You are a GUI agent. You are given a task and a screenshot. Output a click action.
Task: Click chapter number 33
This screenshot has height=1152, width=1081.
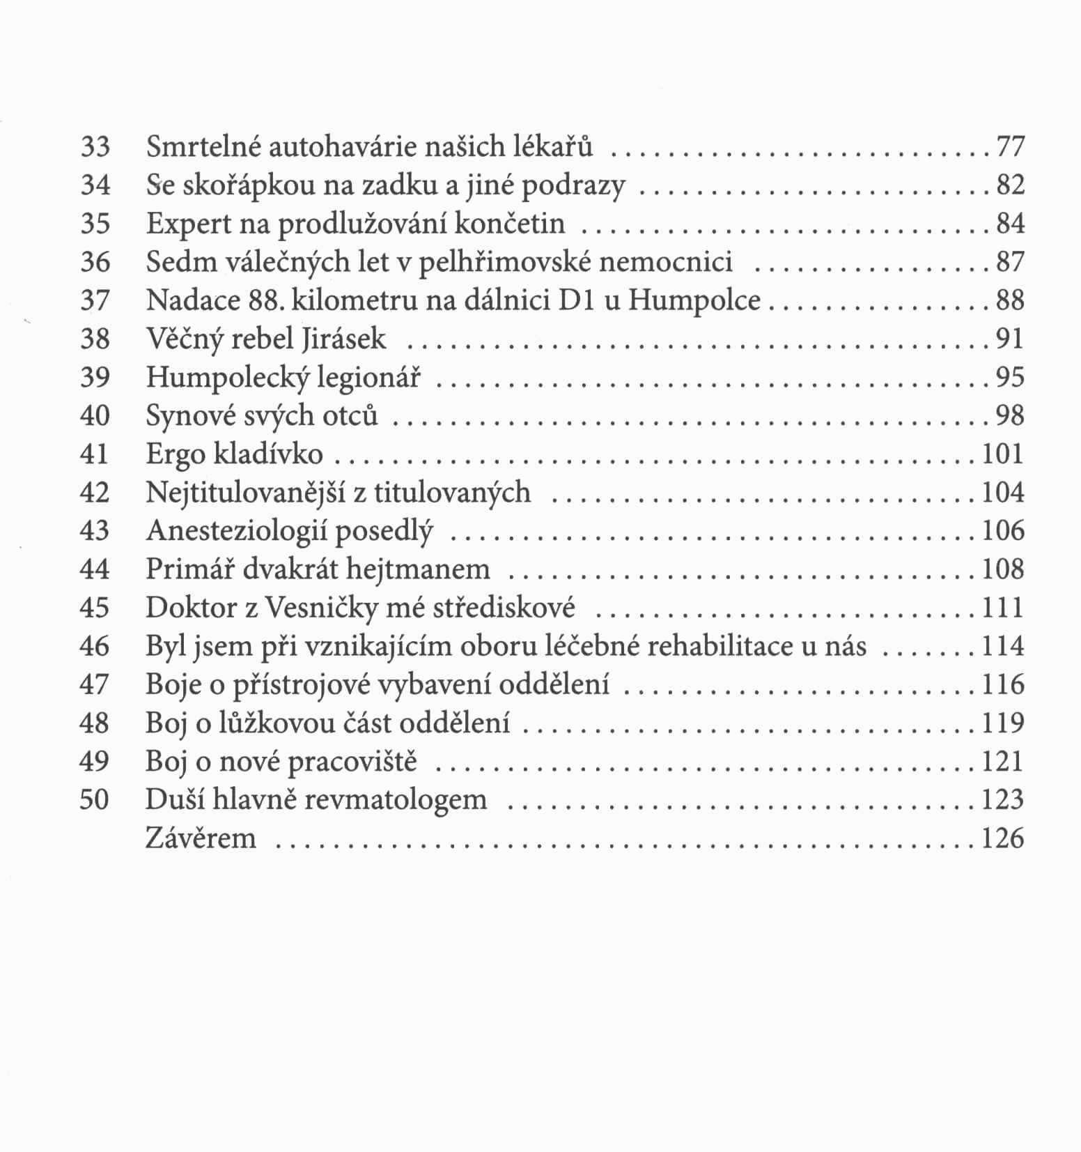point(95,147)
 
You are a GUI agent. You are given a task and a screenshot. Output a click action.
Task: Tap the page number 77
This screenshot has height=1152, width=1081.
point(1011,147)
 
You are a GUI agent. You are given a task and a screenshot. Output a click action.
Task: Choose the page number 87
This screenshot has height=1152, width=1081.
point(1011,263)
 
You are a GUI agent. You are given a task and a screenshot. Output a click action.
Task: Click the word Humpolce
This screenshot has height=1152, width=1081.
point(694,301)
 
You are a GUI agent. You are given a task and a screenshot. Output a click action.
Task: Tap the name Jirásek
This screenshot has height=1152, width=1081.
point(345,339)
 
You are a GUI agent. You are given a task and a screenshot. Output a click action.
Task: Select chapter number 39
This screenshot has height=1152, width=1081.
point(95,378)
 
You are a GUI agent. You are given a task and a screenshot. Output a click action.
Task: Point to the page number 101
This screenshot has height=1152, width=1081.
point(1003,454)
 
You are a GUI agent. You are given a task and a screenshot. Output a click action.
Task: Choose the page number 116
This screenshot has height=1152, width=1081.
point(1003,685)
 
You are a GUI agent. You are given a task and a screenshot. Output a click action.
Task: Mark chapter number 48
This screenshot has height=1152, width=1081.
point(95,723)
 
